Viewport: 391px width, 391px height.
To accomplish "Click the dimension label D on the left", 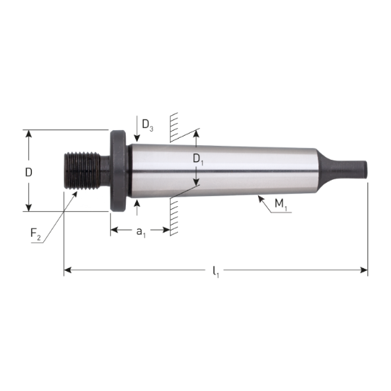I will (28, 172).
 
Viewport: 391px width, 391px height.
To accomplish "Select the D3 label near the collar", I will (147, 126).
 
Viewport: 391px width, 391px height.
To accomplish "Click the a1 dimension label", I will (141, 231).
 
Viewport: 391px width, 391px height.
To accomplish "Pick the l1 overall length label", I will (216, 271).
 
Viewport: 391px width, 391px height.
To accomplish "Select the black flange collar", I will (118, 171).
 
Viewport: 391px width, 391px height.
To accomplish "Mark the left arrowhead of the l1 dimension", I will (68, 270).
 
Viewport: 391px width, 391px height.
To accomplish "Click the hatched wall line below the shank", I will (171, 217).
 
